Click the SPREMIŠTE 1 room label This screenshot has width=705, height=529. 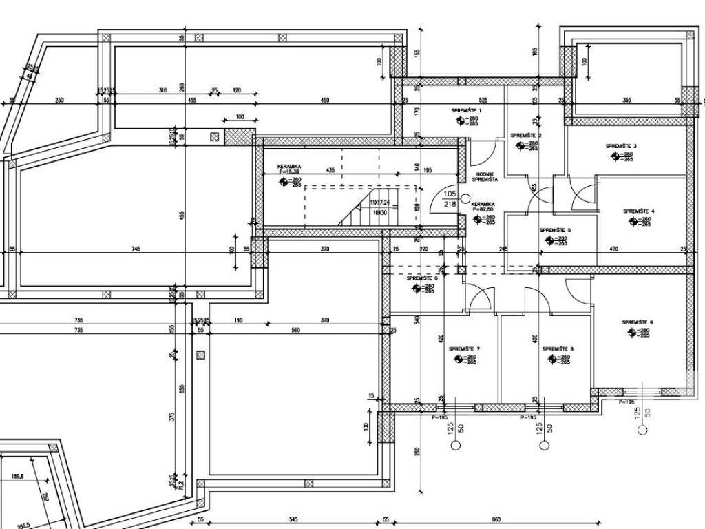tap(466, 110)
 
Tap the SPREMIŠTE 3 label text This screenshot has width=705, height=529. tap(621, 146)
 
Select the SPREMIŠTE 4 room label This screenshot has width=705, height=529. tap(638, 211)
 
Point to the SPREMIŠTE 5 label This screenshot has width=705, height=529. tap(555, 230)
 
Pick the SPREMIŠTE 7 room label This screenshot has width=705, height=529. tap(464, 349)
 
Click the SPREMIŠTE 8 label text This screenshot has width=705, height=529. tap(558, 349)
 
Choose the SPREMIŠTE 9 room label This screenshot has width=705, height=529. tap(638, 322)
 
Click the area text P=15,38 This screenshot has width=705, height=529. tap(290, 172)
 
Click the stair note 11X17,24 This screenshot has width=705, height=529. tap(379, 203)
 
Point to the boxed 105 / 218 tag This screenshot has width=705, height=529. tap(450, 199)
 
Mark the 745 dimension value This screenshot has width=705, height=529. tap(136, 249)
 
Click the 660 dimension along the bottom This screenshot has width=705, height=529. tap(496, 520)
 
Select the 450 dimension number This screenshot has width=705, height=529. tap(324, 100)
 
